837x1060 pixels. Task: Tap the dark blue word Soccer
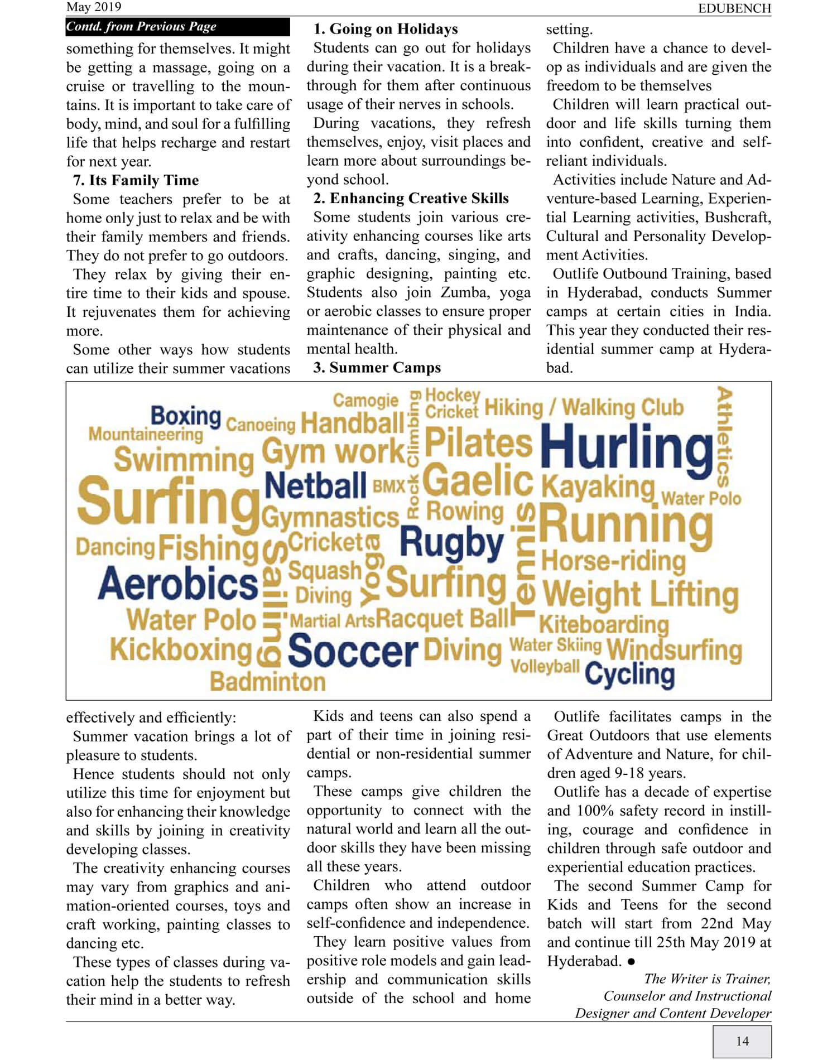pos(353,651)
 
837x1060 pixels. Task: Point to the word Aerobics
pos(178,584)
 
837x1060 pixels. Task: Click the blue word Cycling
pos(629,674)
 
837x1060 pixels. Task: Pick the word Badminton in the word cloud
pos(268,682)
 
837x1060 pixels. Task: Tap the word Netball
pos(315,486)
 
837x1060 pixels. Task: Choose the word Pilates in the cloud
pos(479,444)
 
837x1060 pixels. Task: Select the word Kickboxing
pos(181,650)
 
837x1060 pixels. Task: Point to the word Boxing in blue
pos(186,416)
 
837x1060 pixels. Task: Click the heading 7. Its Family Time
pos(136,180)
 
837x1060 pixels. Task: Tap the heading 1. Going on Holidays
pos(385,29)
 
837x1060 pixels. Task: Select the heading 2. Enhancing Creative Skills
pos(411,199)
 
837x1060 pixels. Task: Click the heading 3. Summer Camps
pos(377,368)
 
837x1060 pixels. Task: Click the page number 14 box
pos(742,1041)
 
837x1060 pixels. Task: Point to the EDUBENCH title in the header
pos(734,8)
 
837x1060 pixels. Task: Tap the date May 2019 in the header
pos(93,7)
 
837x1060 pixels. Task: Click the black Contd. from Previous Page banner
pos(177,27)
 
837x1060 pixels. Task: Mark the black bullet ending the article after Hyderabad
pos(631,961)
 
